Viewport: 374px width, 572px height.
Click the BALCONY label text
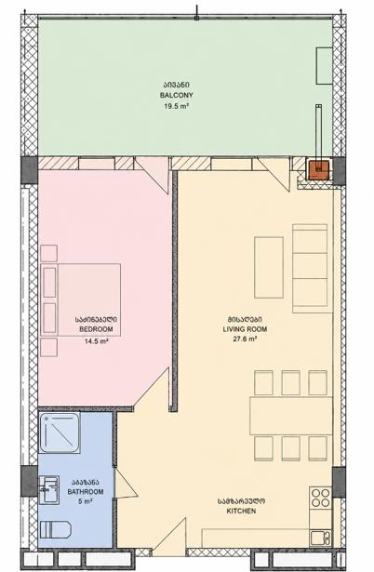176,95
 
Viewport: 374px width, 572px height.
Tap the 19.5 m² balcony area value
176,106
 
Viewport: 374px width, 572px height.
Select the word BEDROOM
96,329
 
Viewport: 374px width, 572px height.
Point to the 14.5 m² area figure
96,341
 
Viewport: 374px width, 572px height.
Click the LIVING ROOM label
245,329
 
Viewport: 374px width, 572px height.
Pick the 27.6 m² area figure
245,339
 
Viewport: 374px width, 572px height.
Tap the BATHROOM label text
86,492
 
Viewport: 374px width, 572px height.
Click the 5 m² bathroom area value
86,501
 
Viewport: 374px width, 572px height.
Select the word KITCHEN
241,511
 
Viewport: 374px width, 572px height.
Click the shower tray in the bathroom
60,432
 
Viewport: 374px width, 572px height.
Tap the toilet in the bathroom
55,530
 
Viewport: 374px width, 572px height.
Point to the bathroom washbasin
49,490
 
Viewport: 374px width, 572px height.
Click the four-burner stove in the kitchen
321,498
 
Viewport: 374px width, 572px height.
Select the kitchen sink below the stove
321,538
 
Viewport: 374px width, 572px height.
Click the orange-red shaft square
318,169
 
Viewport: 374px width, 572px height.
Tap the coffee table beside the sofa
269,267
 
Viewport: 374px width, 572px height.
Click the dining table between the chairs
291,416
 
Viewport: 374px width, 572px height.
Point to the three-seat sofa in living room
310,269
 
